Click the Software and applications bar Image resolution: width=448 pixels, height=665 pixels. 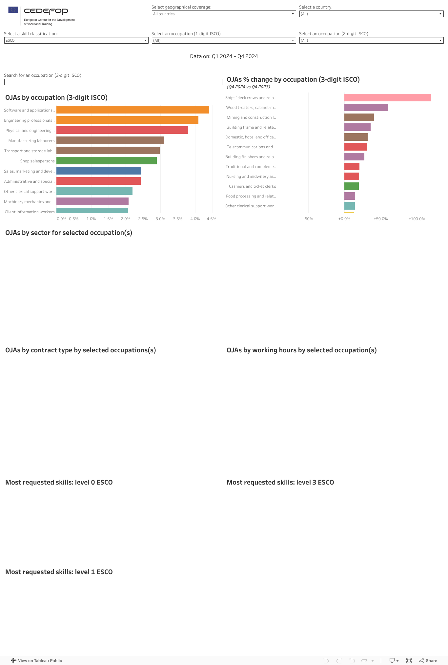click(132, 110)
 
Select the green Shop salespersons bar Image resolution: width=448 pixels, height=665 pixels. click(106, 161)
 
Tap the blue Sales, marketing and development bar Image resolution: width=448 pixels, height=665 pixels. click(98, 171)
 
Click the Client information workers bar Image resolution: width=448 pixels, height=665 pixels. click(92, 211)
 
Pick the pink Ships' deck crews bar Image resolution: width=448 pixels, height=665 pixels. click(387, 98)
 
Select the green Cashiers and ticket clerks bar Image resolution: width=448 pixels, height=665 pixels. click(351, 186)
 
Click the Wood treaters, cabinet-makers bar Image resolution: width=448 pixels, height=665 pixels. click(366, 108)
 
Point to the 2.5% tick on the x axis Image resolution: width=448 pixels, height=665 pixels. click(143, 219)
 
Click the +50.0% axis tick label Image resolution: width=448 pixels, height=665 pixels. click(380, 219)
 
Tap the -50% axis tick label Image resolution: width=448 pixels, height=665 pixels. click(308, 219)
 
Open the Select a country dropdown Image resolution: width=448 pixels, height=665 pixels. click(371, 14)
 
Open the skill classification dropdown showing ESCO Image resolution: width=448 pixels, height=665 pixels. click(76, 40)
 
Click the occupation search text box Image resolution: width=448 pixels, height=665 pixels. click(113, 82)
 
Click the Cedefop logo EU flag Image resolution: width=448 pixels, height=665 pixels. click(13, 10)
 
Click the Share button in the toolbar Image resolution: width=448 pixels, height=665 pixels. click(428, 661)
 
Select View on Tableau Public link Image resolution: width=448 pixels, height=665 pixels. click(36, 661)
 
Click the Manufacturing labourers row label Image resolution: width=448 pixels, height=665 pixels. click(31, 141)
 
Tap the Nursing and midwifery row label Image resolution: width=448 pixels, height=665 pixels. click(251, 177)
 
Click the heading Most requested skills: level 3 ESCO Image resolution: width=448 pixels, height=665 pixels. click(280, 482)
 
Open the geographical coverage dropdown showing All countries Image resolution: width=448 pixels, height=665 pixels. click(224, 14)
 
